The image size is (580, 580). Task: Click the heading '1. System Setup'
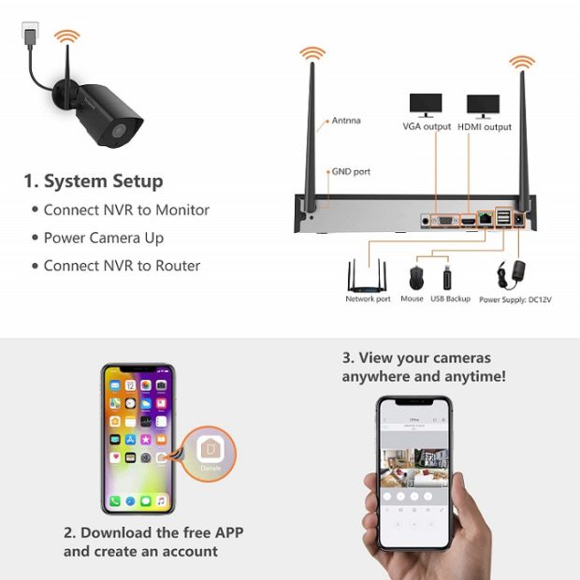(94, 181)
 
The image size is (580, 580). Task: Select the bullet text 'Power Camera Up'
(104, 238)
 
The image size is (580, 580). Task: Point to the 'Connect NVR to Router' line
(122, 266)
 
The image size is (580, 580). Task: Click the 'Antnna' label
(346, 121)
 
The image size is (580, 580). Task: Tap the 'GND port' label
(351, 172)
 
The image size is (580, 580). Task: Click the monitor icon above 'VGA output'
(427, 105)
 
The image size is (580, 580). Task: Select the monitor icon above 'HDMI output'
(484, 105)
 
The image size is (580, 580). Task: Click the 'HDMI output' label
(485, 127)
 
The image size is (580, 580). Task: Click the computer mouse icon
(415, 278)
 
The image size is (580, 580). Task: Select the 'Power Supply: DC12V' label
(515, 299)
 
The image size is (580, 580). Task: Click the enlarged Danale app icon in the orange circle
(209, 455)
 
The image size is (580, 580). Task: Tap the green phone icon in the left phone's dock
(114, 501)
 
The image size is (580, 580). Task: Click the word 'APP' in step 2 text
(225, 533)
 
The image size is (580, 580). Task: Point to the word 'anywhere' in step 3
(377, 376)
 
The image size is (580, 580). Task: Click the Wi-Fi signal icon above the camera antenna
(66, 38)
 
